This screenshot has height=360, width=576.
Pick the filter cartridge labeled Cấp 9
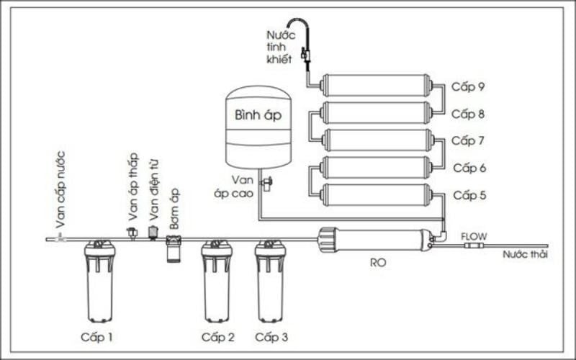click(x=377, y=86)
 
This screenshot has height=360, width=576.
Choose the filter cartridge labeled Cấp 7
click(x=377, y=140)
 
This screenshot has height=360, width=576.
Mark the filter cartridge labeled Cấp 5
click(x=377, y=194)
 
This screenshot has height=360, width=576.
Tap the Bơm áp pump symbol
click(x=174, y=247)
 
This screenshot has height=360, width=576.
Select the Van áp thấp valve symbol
click(x=132, y=233)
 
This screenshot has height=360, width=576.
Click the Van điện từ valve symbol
click(x=153, y=232)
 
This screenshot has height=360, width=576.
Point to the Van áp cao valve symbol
click(x=266, y=184)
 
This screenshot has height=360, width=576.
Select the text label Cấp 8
click(x=468, y=114)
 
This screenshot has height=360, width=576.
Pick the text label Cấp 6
click(x=468, y=168)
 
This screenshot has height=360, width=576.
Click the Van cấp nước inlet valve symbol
click(x=60, y=237)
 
